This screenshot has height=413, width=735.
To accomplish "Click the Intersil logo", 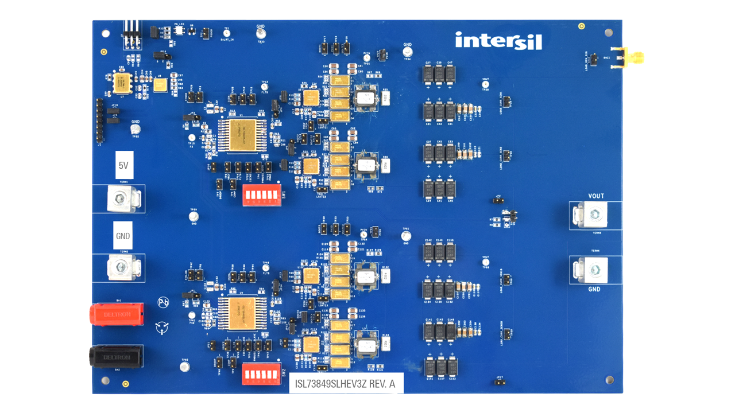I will pos(498,41).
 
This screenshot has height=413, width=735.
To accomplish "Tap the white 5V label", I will pos(123,165).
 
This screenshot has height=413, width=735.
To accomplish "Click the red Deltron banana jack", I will pos(117,314).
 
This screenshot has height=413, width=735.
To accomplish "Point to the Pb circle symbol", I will pos(163,302).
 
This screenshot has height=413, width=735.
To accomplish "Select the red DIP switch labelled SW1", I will pos(262,195).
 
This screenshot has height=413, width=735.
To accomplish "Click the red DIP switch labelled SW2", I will pos(262,373).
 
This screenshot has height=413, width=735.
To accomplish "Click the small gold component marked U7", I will pos(121,83).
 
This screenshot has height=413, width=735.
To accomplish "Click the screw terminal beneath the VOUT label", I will pos(596,215).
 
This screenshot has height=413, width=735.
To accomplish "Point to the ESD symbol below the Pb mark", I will pos(162,328).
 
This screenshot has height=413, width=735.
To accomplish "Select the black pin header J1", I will pos(99,120).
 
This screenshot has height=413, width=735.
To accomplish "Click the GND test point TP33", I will pos(261,34).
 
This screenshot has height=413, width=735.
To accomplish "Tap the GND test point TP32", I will pos(136,130).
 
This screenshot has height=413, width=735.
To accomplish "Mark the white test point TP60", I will pos(184,367).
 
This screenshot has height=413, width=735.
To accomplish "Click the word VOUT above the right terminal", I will pos(596,196).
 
